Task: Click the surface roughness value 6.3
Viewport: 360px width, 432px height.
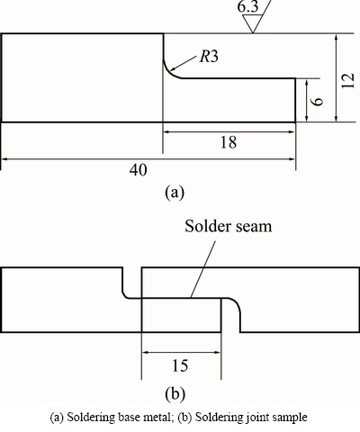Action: point(247,6)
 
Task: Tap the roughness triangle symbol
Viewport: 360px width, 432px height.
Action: point(253,23)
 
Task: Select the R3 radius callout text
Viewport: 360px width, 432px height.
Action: point(209,56)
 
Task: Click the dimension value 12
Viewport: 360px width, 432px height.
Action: point(347,80)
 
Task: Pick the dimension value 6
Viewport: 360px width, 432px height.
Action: point(318,101)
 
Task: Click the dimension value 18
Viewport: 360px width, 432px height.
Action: point(229,142)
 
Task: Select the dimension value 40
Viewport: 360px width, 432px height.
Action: point(139,170)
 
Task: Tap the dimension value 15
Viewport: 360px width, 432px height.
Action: point(180,365)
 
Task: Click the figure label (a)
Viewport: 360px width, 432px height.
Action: point(175,192)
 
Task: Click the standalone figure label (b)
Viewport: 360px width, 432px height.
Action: point(175,393)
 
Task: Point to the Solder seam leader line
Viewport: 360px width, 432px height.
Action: point(203,269)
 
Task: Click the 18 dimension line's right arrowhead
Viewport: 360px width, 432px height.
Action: point(292,131)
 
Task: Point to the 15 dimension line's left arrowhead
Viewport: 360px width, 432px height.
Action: point(146,353)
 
